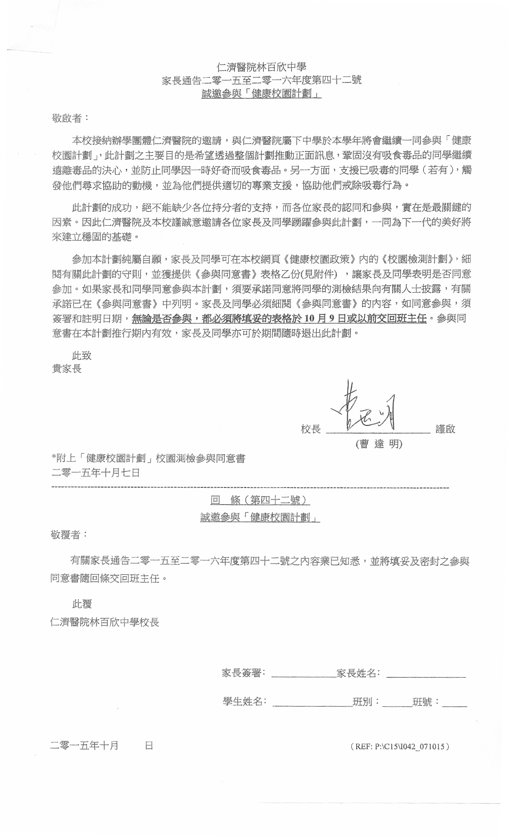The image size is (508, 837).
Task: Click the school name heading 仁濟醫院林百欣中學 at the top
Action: pyautogui.click(x=261, y=67)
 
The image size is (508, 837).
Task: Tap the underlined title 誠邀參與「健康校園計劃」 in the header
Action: pyautogui.click(x=261, y=94)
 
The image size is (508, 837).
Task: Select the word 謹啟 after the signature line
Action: pyautogui.click(x=445, y=429)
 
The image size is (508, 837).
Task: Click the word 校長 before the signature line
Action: pyautogui.click(x=311, y=429)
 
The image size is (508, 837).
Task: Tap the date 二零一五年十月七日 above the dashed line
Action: pyautogui.click(x=96, y=473)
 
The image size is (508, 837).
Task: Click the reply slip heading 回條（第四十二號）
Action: pyautogui.click(x=260, y=500)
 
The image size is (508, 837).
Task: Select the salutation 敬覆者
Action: pyautogui.click(x=69, y=534)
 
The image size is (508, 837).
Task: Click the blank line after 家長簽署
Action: pyautogui.click(x=303, y=674)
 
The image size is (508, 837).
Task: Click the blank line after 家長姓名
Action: pyautogui.click(x=426, y=674)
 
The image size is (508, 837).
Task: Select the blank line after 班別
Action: pyautogui.click(x=397, y=703)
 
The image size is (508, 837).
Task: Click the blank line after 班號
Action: pyautogui.click(x=454, y=703)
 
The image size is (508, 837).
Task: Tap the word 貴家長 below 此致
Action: pyautogui.click(x=67, y=369)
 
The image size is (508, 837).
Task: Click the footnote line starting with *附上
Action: pyautogui.click(x=148, y=458)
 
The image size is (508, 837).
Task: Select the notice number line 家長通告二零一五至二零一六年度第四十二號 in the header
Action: pyautogui.click(x=261, y=80)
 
